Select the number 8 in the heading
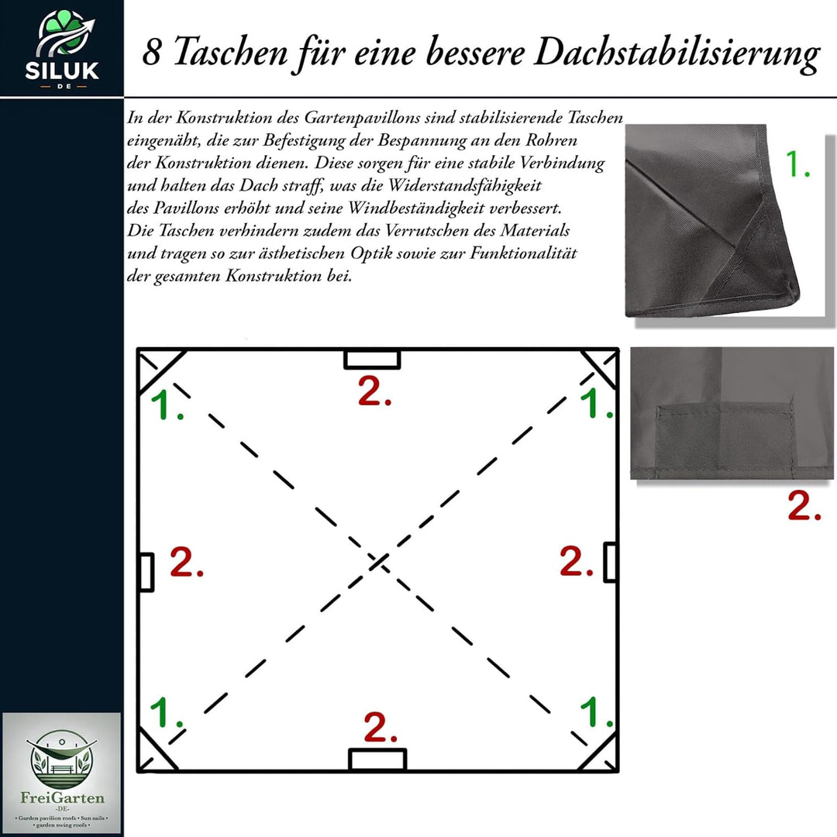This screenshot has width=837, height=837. click(152, 53)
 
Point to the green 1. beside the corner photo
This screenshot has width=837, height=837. click(797, 164)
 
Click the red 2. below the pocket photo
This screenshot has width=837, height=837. click(804, 506)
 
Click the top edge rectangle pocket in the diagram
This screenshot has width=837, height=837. click(372, 359)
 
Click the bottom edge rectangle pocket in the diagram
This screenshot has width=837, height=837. click(377, 759)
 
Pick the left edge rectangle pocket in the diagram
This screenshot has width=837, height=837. click(146, 572)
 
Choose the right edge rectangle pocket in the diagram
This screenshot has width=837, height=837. click(611, 562)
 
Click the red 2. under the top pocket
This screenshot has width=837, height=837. click(374, 393)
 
